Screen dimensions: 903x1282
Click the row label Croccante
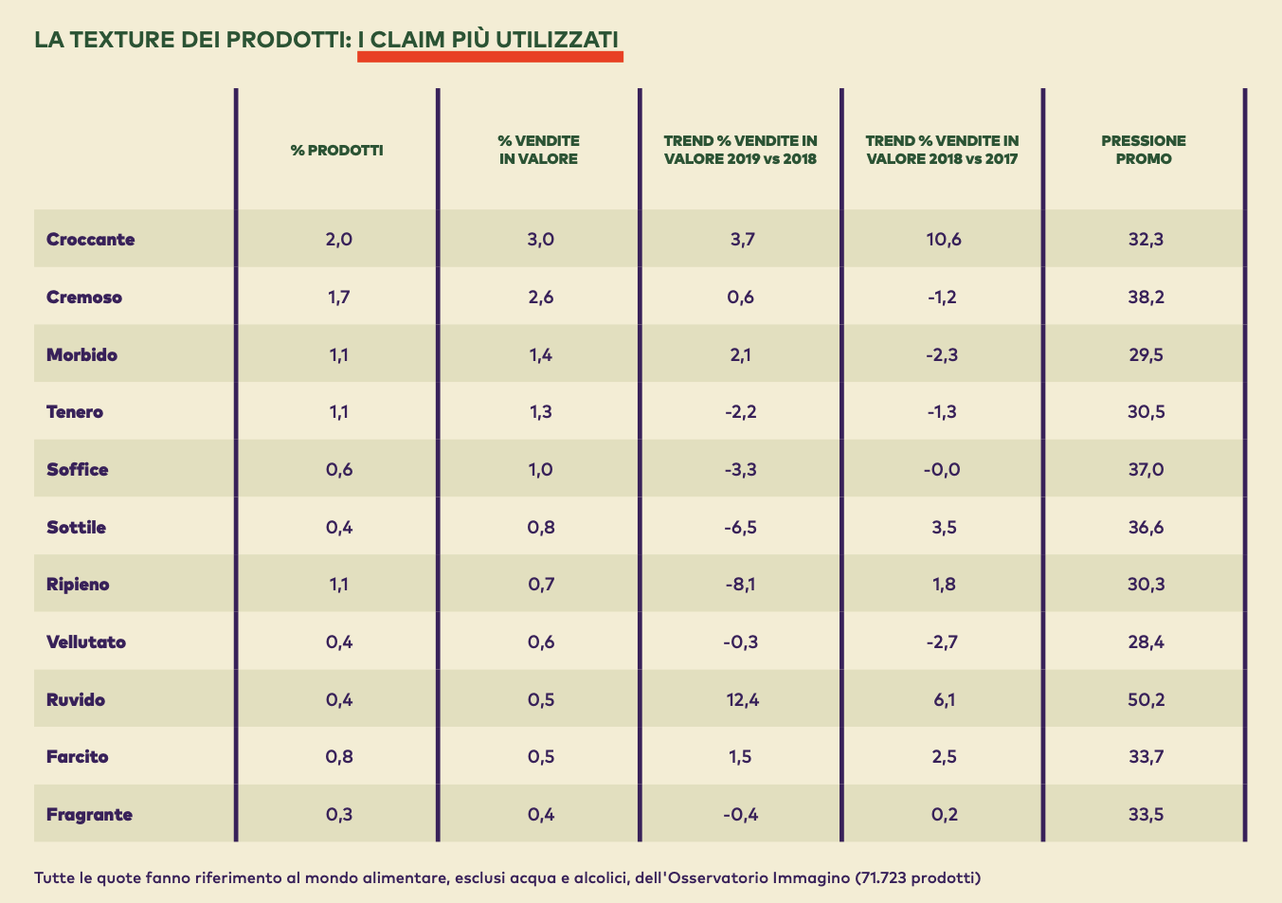tap(91, 239)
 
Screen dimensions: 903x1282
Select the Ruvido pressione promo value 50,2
tap(1146, 700)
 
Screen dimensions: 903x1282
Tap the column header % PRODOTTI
tap(337, 150)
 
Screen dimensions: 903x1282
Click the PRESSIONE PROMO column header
tap(1144, 150)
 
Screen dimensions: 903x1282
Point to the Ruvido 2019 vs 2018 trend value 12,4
tap(741, 700)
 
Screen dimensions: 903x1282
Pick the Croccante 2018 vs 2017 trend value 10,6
tap(943, 239)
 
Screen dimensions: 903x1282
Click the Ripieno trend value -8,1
tap(741, 585)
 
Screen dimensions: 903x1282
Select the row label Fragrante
tap(89, 815)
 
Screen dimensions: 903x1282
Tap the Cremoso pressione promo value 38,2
tap(1146, 298)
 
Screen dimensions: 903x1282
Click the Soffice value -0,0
tap(943, 470)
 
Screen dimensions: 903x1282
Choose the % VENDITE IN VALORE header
tap(539, 150)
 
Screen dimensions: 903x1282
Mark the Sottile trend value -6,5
tap(741, 528)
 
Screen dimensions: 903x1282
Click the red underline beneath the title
tap(490, 57)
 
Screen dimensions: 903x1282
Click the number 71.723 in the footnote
tap(885, 877)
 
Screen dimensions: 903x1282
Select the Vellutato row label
tap(86, 642)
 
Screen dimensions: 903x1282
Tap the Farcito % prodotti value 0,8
tap(338, 757)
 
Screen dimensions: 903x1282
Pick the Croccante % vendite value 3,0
tap(540, 239)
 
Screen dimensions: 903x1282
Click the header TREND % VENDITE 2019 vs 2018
tap(741, 150)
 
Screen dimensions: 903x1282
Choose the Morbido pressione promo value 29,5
tap(1146, 355)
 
